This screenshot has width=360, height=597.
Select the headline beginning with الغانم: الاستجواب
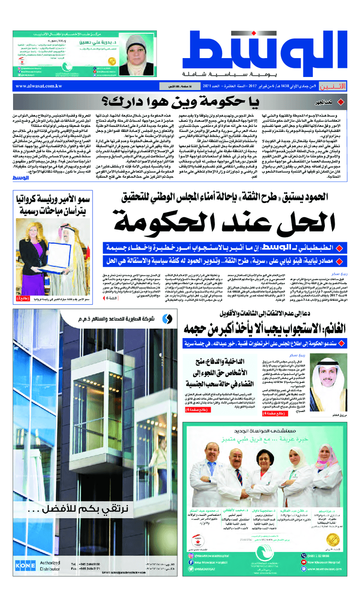point(265,328)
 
